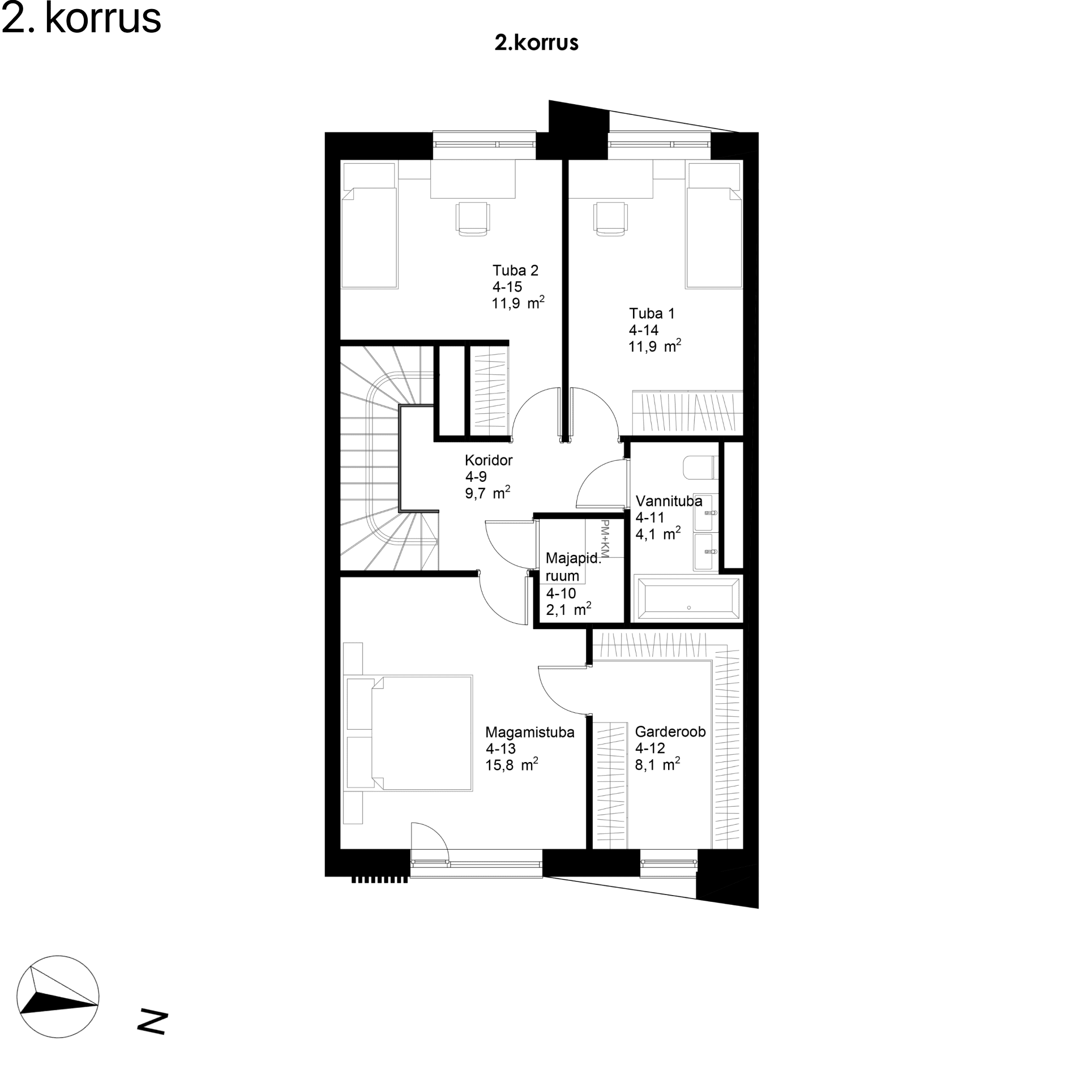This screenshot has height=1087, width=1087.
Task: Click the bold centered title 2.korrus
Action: tap(536, 43)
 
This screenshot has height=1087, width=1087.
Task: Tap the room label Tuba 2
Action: tap(515, 271)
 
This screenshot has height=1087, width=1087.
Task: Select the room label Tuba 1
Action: tap(652, 314)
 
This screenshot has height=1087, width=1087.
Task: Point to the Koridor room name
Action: tap(489, 460)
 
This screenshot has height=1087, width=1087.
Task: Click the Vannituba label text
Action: tap(669, 501)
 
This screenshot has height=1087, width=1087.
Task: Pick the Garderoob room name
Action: tap(670, 732)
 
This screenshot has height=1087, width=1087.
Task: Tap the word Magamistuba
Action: tap(530, 733)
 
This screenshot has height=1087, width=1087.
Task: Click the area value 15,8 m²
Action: tap(512, 765)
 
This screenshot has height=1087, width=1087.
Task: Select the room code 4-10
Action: tap(561, 593)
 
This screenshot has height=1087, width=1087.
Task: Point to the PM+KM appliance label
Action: tap(605, 537)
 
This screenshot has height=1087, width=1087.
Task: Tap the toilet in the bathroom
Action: tap(701, 468)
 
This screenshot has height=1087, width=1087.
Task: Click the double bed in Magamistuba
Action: tap(408, 733)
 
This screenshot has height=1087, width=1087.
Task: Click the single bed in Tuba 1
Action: tap(714, 225)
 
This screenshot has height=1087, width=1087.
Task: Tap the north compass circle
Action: tap(58, 996)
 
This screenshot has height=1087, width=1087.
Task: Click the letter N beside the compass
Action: tap(152, 1022)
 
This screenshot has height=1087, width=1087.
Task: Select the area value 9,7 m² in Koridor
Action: tap(487, 493)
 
